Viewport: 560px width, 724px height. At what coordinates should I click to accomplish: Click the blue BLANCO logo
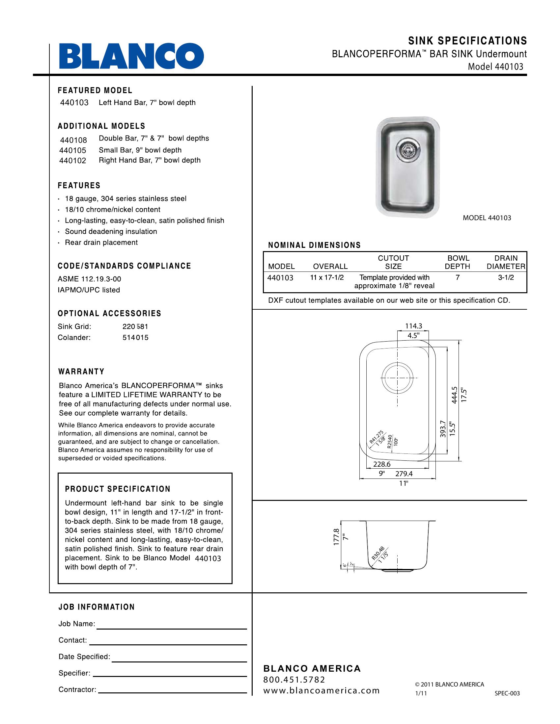[x=131, y=56]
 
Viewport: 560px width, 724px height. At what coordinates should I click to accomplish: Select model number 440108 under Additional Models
[x=73, y=140]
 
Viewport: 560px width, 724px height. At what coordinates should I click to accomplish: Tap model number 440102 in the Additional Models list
[x=73, y=161]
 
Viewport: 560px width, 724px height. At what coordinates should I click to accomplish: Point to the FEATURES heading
[x=79, y=186]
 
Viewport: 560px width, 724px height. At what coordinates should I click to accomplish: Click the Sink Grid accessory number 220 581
[x=135, y=326]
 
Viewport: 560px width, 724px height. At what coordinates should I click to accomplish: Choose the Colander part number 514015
[x=135, y=337]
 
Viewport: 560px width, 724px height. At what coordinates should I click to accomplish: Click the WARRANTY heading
[x=81, y=372]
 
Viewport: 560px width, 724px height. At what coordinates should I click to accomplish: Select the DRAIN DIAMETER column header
[x=506, y=262]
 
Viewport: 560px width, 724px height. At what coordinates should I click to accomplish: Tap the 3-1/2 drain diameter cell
[x=506, y=277]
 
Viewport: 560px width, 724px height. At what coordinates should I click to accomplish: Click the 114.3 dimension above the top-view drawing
[x=413, y=326]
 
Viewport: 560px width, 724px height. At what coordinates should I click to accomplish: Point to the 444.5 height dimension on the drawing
[x=454, y=395]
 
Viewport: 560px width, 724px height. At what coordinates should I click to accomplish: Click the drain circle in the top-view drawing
[x=397, y=377]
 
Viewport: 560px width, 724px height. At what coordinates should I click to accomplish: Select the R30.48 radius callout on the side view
[x=378, y=553]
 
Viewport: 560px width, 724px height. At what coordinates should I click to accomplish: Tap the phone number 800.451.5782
[x=294, y=680]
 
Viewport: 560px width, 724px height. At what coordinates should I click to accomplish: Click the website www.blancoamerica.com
[x=321, y=690]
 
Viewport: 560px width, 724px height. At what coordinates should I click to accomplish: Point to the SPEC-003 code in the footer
[x=507, y=693]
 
